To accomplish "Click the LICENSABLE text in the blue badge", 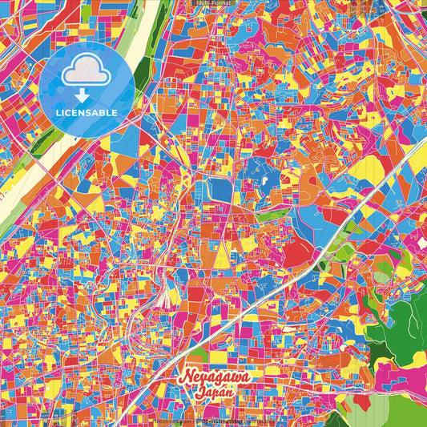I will point(87,113).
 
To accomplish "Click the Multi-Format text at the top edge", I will point(213,3).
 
